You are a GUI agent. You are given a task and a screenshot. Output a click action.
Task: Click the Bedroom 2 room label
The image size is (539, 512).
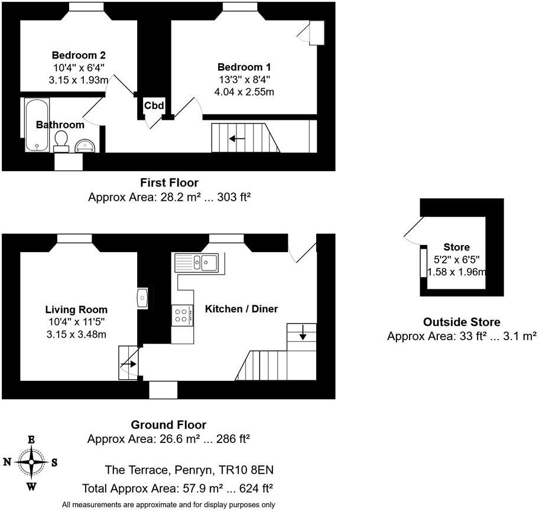[x=74, y=57]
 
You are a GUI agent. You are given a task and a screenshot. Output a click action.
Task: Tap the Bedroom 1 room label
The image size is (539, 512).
[x=244, y=67]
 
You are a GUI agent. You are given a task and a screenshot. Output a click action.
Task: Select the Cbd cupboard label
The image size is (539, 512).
[x=154, y=106]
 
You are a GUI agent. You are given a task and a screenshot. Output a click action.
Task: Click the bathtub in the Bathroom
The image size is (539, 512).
[x=37, y=125]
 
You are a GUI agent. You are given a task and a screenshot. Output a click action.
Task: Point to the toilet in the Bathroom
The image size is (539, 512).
[x=60, y=141]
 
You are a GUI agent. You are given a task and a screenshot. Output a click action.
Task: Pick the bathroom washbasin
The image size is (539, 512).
[x=85, y=145]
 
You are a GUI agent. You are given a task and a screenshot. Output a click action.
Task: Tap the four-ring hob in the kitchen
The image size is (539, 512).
[x=183, y=315]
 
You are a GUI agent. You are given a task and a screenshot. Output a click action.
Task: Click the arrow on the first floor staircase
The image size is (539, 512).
[x=238, y=139]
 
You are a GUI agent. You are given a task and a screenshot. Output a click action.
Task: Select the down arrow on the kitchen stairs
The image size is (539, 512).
[x=303, y=335]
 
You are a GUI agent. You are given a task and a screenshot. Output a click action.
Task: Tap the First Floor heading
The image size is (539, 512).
[x=169, y=182]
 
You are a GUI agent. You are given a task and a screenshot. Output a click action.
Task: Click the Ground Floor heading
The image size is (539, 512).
[x=168, y=425]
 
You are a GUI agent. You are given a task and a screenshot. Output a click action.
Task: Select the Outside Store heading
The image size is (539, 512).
[x=462, y=322]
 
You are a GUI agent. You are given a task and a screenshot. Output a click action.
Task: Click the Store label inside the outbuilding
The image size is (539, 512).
[x=456, y=247]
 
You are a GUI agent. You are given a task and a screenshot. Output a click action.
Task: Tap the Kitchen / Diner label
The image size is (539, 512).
[x=241, y=309]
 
